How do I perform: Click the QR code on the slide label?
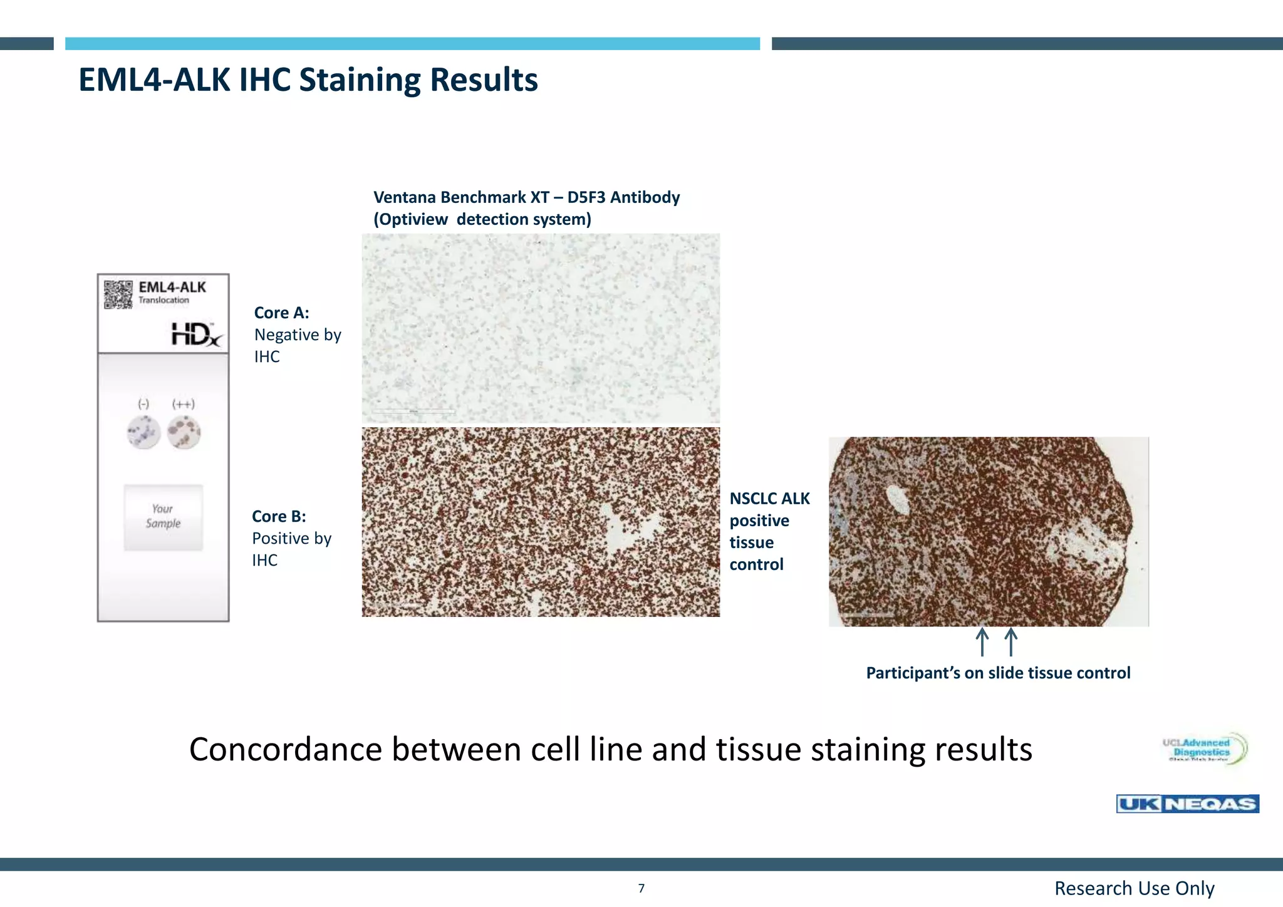coord(118,294)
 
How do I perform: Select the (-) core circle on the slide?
coord(144,432)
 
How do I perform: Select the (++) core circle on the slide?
coord(184,432)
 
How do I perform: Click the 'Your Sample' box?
coord(163,517)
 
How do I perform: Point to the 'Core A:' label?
coord(281,313)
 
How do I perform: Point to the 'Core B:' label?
coord(279,516)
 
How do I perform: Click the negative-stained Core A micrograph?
coord(541,328)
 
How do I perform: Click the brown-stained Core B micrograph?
coord(541,522)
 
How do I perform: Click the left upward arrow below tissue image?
coord(982,642)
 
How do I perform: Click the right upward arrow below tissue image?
coord(1010,642)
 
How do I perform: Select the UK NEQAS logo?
coord(1187,804)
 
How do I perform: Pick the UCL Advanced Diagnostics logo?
coord(1204,749)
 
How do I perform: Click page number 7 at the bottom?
coord(641,888)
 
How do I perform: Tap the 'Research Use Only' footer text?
coord(1134,888)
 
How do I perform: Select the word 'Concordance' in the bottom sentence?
coord(286,749)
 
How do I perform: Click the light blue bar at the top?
coord(412,43)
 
